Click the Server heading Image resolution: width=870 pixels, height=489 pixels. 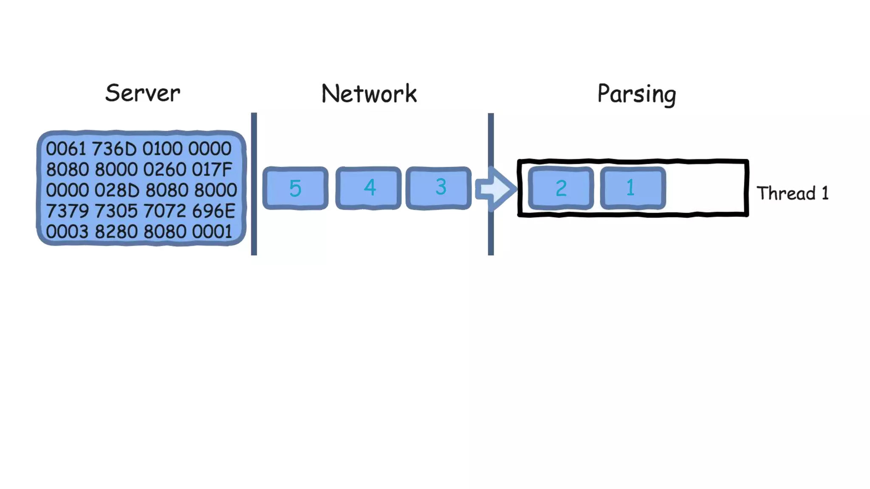coord(143,93)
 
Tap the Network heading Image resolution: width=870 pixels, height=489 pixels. coord(369,94)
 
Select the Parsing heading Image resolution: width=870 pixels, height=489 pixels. coord(636,94)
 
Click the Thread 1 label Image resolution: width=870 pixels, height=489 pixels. coord(792,193)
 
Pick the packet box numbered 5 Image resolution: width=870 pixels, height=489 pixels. coord(295,188)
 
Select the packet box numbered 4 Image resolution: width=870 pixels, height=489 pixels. coord(368,188)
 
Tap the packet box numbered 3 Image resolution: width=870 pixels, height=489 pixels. coord(439,188)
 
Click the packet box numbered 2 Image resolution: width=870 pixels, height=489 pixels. coord(561,188)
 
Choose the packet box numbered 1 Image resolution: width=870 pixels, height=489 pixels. coord(633,188)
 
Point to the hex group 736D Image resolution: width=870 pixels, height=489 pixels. coord(114,149)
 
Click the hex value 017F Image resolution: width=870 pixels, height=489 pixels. coord(212,170)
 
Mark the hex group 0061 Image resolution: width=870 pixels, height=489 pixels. coord(66,149)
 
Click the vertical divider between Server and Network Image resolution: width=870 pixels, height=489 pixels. coord(254,184)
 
